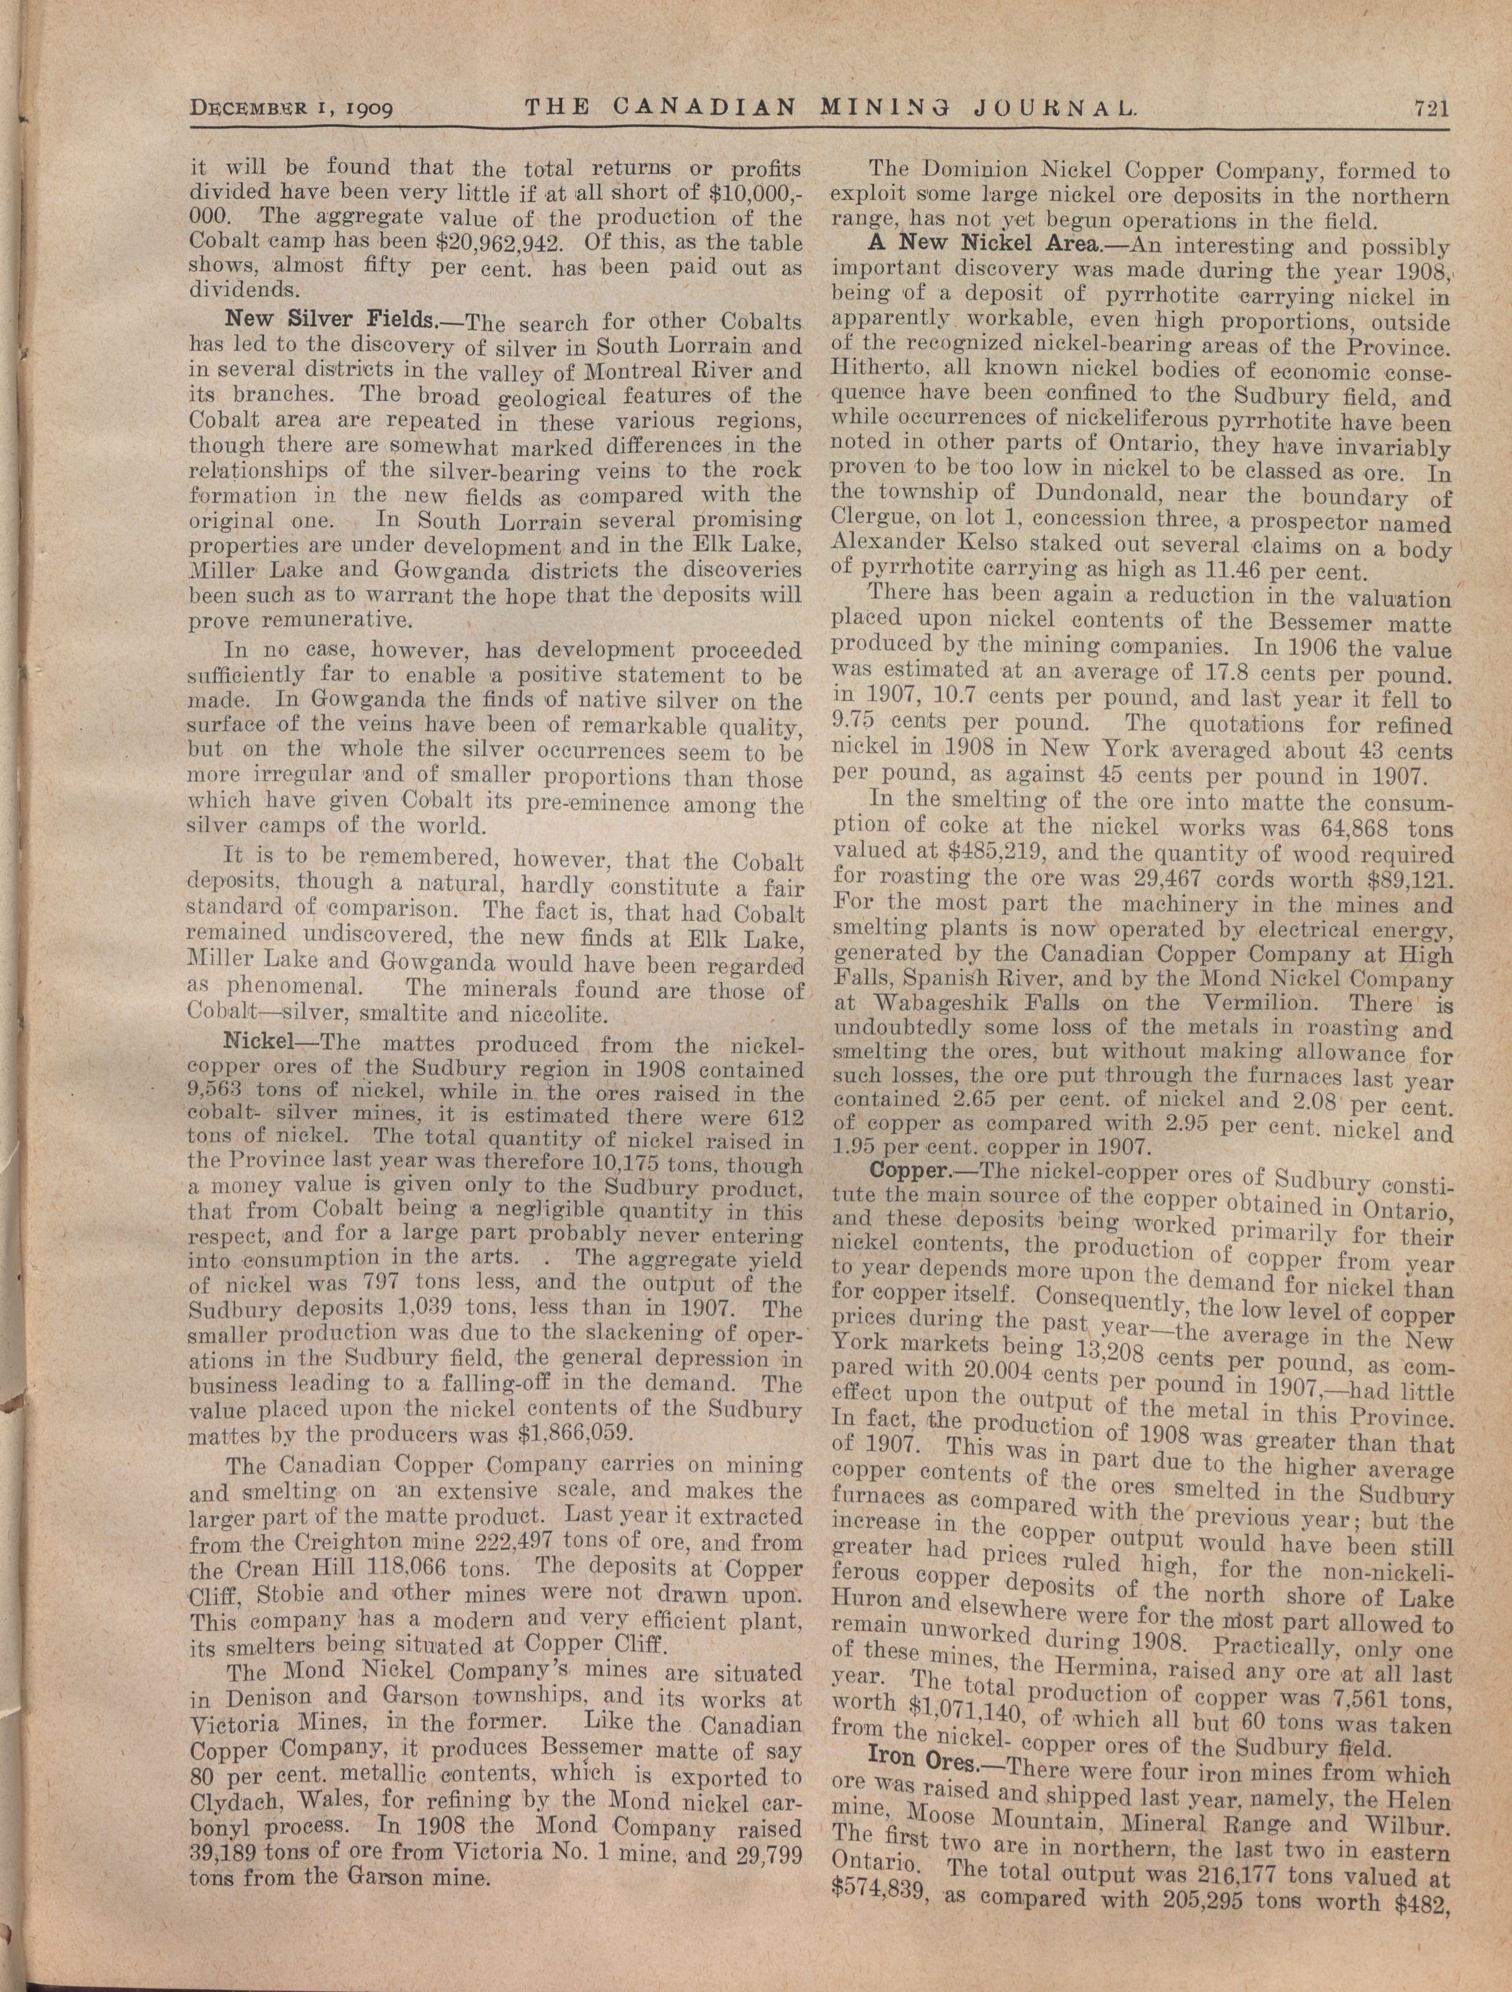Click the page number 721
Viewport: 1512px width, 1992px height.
pos(1430,109)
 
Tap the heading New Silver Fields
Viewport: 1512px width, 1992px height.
pos(330,320)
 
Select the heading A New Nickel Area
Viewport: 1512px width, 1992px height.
pos(980,244)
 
